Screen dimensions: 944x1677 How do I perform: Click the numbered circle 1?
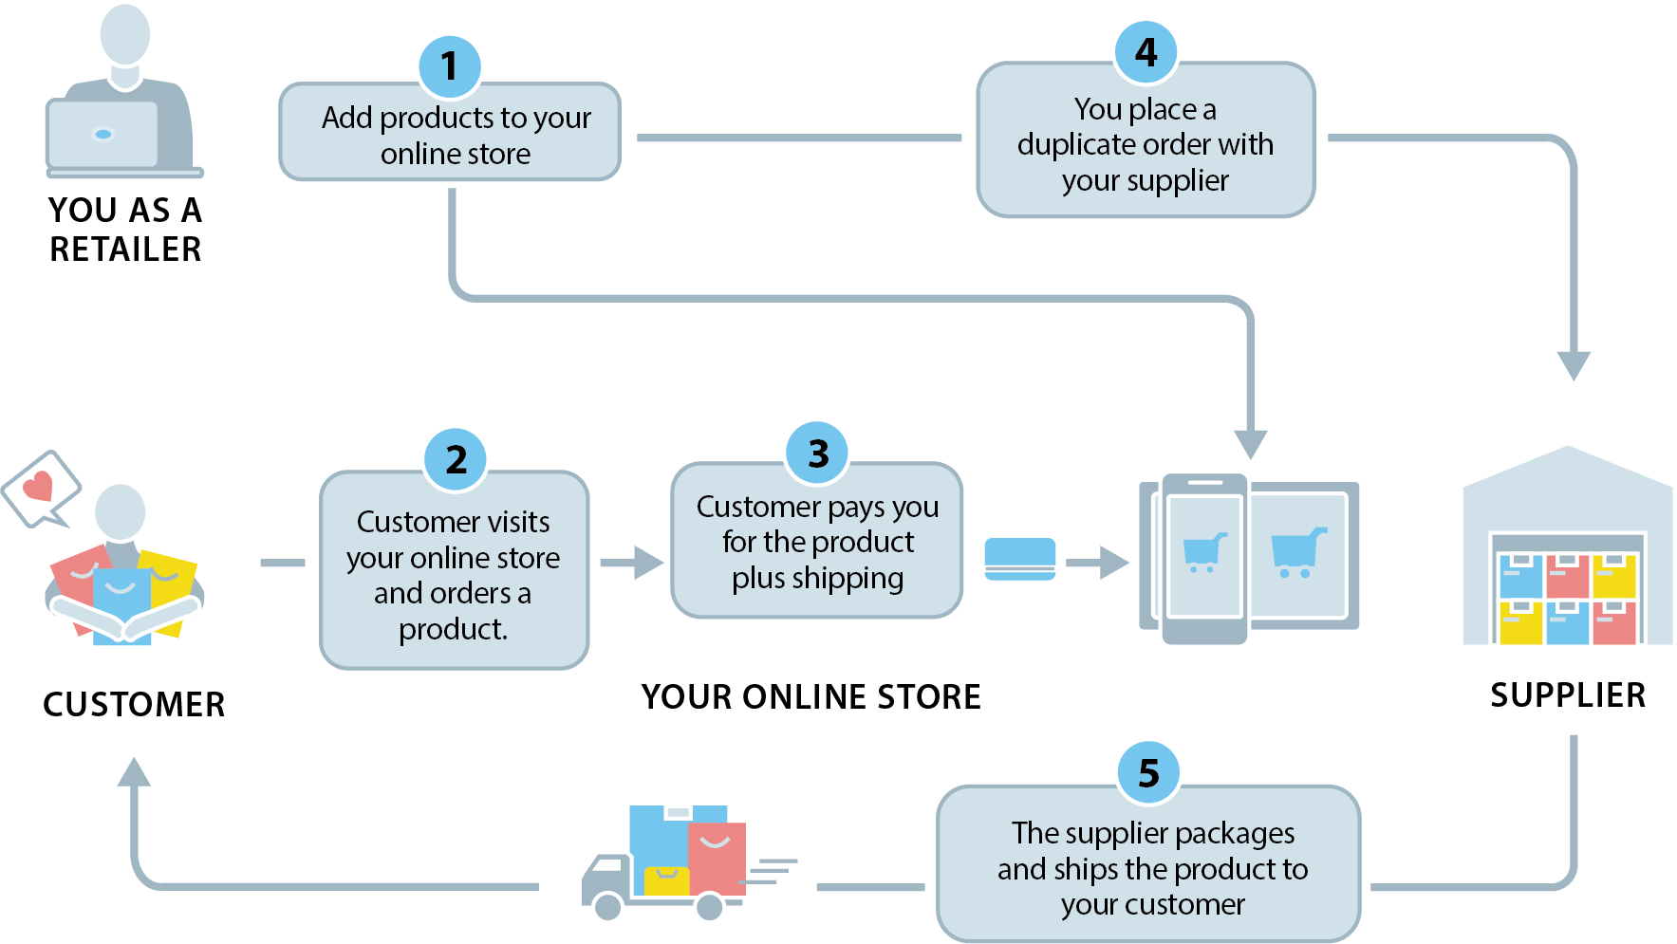click(x=450, y=66)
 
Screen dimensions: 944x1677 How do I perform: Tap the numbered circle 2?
click(x=456, y=459)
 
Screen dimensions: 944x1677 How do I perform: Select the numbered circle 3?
click(x=817, y=453)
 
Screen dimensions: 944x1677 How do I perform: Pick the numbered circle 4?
click(x=1146, y=51)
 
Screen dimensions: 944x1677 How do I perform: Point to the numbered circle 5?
click(x=1148, y=773)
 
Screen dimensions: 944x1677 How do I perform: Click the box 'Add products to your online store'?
click(x=450, y=135)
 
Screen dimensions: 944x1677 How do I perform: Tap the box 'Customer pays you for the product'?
click(x=817, y=542)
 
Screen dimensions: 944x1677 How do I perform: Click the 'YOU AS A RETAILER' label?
click(x=125, y=230)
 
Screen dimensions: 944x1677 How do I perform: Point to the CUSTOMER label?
click(x=134, y=705)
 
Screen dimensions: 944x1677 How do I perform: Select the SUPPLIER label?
click(x=1568, y=695)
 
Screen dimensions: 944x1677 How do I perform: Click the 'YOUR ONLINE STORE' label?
click(x=811, y=697)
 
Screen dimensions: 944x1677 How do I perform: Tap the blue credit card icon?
click(x=1020, y=559)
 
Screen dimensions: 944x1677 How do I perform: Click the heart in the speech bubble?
click(x=38, y=487)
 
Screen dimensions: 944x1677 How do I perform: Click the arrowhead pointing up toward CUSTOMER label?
click(x=134, y=772)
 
